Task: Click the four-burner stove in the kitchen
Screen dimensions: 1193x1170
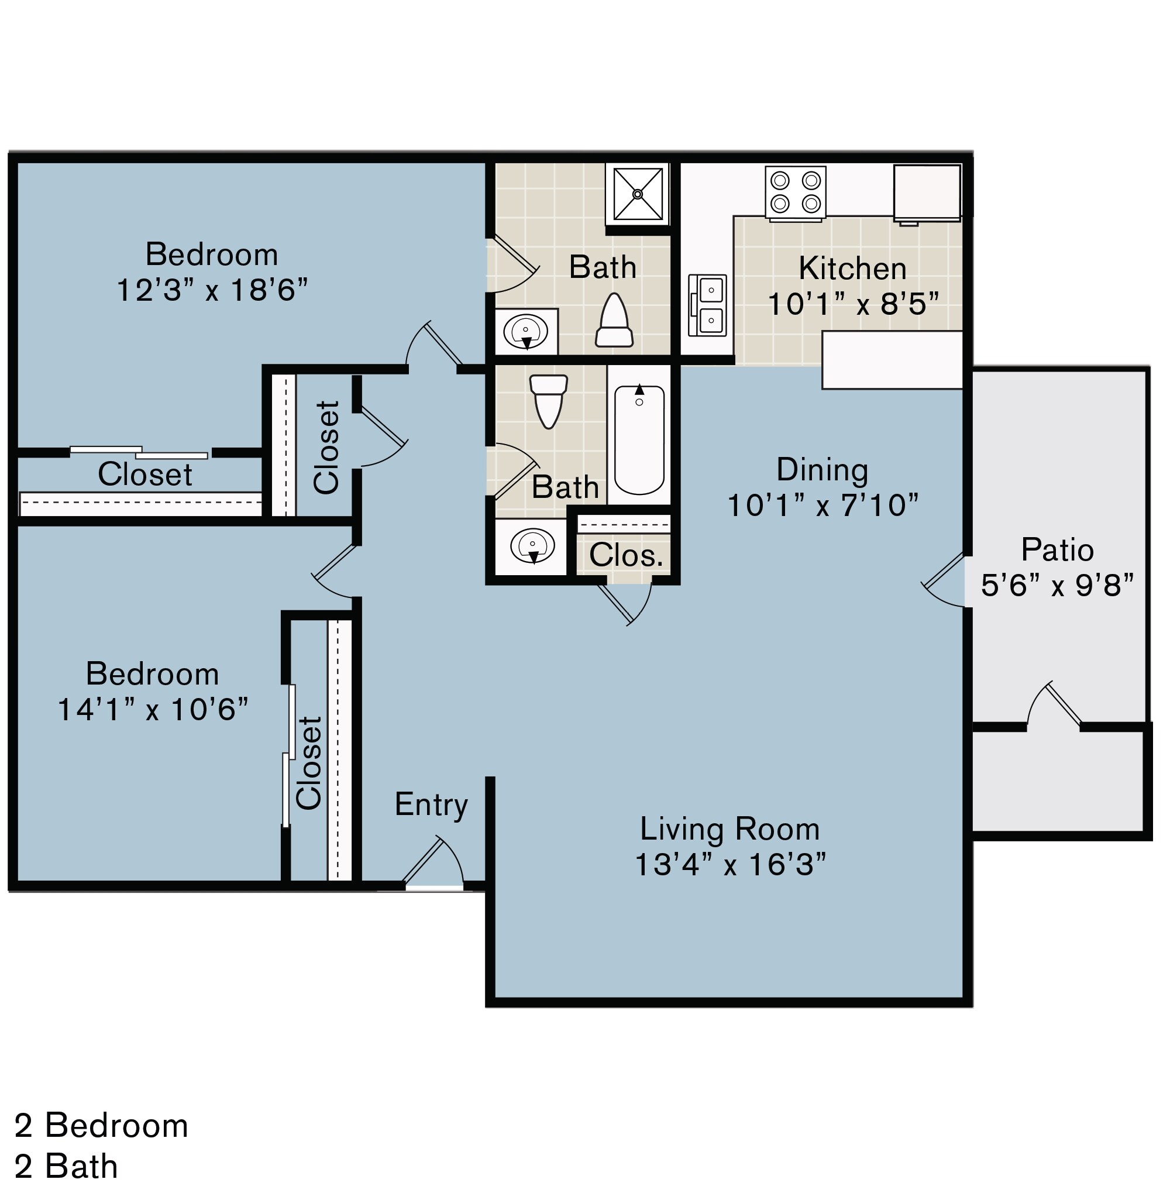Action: (795, 192)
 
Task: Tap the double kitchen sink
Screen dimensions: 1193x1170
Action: (707, 305)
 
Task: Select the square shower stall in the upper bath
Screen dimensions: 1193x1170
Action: (637, 194)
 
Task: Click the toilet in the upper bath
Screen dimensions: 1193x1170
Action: (614, 320)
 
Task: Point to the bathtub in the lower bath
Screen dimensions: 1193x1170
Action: (639, 440)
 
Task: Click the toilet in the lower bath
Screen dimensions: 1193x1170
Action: (548, 400)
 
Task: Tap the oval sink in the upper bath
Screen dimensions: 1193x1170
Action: (526, 332)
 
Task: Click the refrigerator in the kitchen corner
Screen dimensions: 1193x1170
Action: (927, 192)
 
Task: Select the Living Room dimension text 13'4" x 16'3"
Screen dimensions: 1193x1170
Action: (729, 865)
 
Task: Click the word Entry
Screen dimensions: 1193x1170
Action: (431, 804)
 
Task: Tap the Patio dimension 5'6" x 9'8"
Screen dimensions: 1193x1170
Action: (1057, 585)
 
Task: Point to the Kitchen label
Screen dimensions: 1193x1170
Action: (852, 269)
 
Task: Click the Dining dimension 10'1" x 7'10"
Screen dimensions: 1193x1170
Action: (822, 506)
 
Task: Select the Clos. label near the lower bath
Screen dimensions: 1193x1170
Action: (626, 556)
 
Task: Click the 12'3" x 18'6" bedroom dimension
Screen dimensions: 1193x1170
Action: (211, 290)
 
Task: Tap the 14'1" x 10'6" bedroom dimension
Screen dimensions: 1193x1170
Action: (153, 709)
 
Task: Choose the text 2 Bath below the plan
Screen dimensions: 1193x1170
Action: (66, 1167)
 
